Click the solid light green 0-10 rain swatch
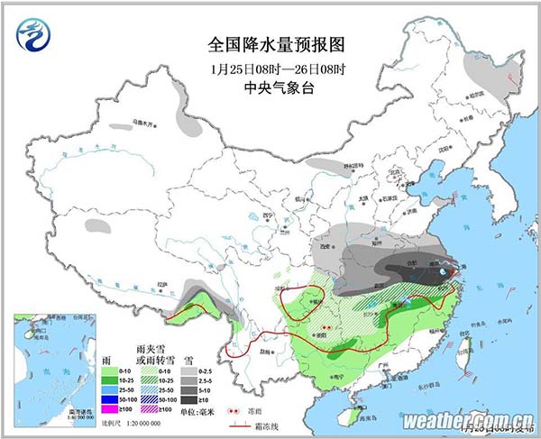[110, 370]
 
